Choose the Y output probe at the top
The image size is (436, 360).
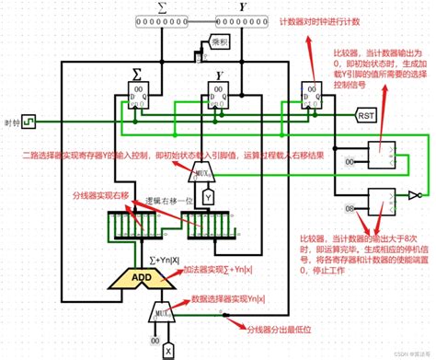[247, 20]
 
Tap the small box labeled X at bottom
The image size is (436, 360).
[168, 349]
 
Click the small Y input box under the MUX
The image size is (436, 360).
[209, 197]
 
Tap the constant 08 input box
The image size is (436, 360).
[350, 209]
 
